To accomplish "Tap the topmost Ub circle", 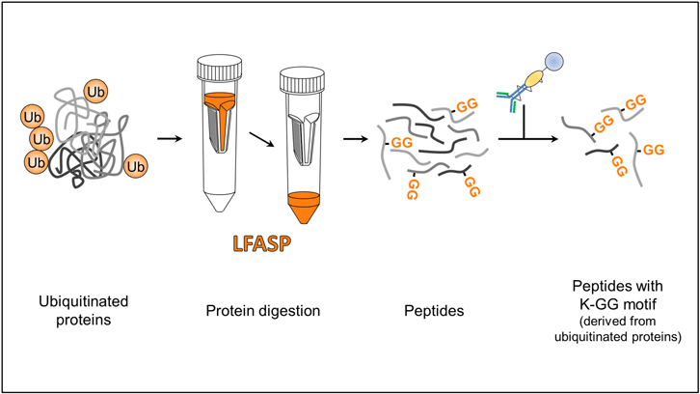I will click(96, 92).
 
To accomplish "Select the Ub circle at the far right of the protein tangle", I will click(136, 166).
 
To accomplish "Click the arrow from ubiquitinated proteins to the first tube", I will click(169, 138).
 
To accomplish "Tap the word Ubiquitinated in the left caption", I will click(83, 301).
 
